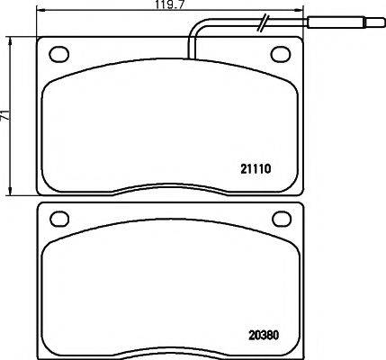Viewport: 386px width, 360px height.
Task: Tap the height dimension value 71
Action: [6, 116]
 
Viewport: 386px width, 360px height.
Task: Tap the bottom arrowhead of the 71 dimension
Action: [12, 193]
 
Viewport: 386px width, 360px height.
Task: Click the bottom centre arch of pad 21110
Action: [170, 186]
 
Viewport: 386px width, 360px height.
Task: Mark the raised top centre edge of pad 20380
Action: [170, 202]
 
